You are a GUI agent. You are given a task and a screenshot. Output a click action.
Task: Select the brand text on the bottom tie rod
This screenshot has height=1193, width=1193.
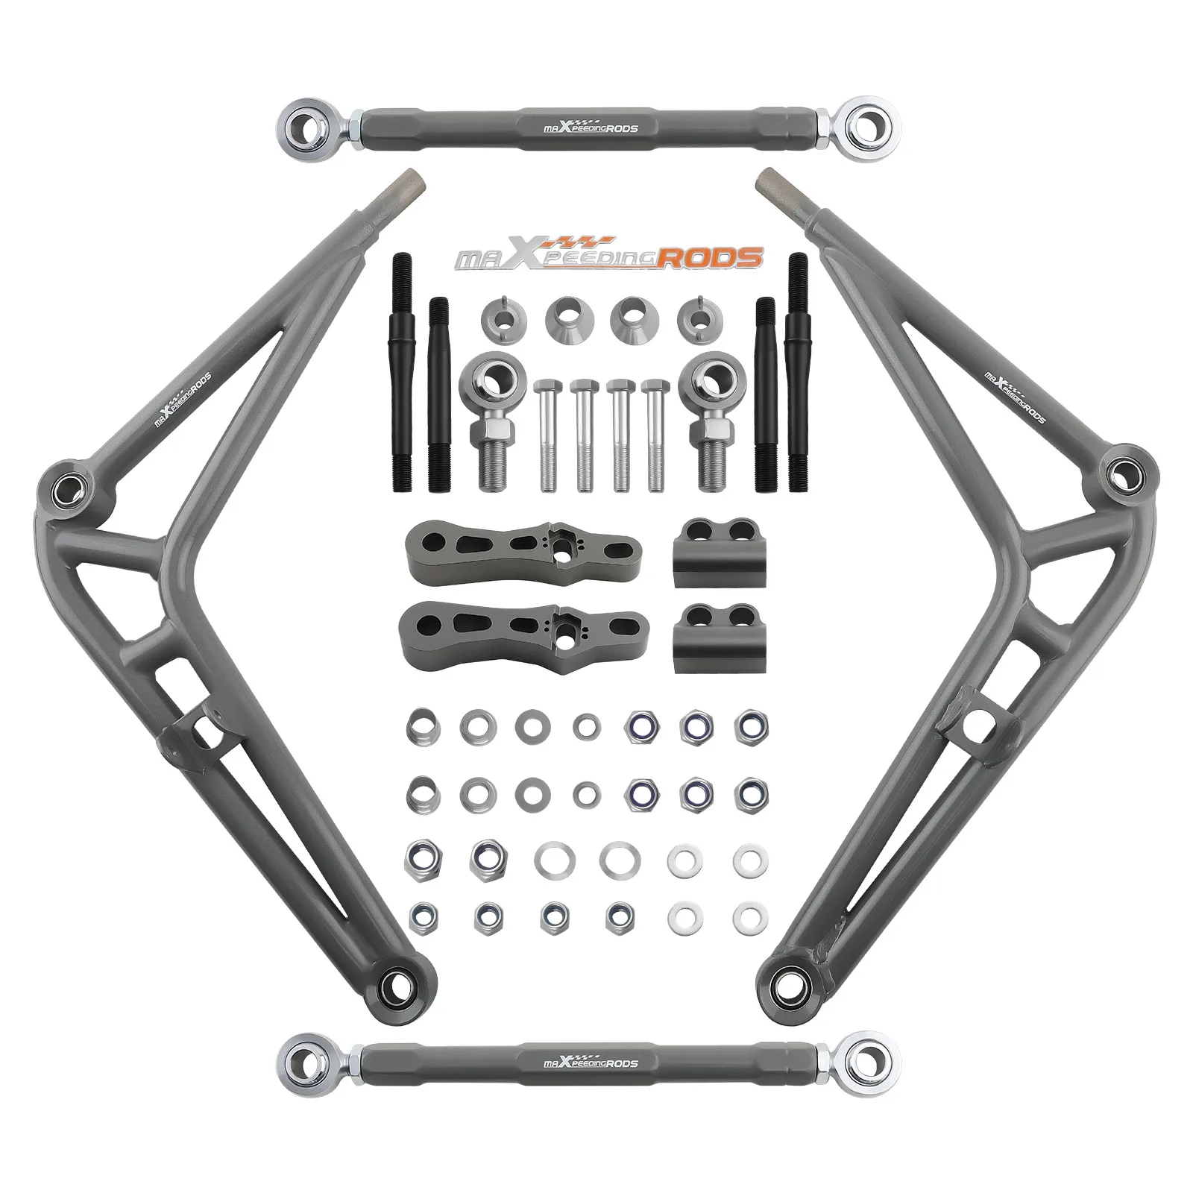coord(588,1061)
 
